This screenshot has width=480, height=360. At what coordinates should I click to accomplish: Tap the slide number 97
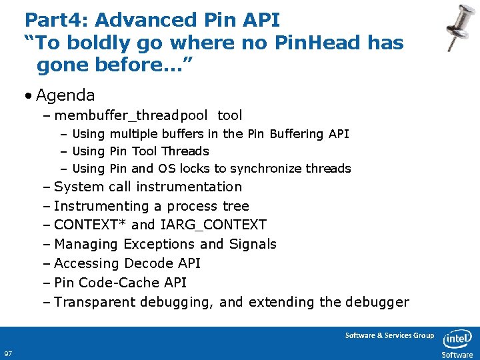(9, 353)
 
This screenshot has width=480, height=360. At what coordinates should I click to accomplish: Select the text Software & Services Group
(389, 335)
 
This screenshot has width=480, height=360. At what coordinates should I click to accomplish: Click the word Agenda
(65, 95)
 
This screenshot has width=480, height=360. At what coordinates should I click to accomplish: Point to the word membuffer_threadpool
(131, 116)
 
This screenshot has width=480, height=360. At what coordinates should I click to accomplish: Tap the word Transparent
(95, 302)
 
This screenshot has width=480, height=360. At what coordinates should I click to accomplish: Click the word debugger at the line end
(377, 302)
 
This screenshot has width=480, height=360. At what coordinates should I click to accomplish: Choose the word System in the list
(79, 187)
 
